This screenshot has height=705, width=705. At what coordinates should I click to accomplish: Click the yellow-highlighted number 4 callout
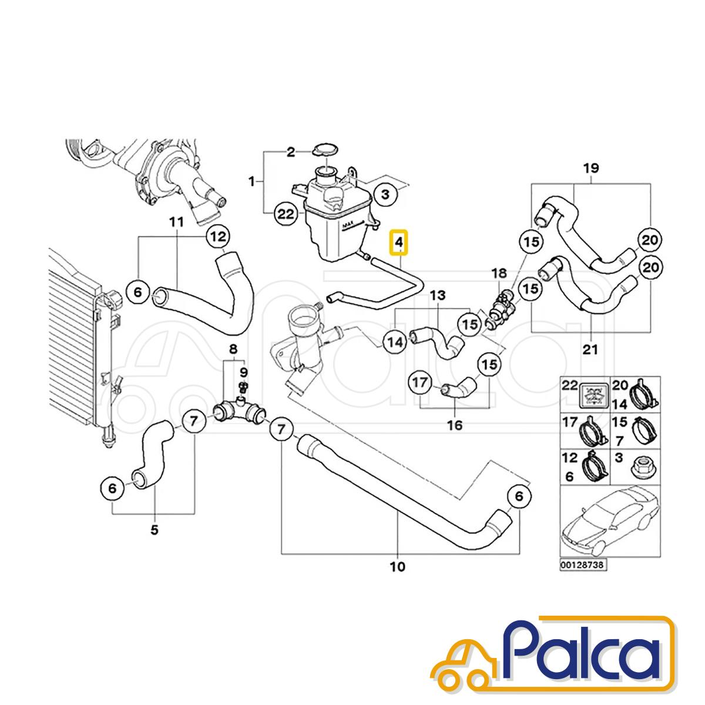click(399, 242)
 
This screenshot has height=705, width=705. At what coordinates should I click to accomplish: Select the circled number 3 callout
click(385, 194)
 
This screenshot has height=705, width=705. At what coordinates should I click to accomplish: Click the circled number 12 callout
click(219, 237)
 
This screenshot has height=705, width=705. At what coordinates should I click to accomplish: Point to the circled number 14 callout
click(395, 342)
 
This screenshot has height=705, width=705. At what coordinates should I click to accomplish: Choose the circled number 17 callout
click(420, 382)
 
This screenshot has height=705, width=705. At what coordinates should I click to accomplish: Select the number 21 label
click(590, 350)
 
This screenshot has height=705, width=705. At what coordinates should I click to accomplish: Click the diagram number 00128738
click(583, 565)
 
